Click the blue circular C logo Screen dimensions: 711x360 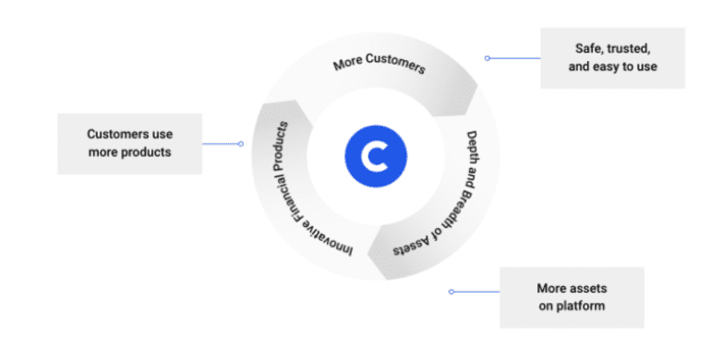pos(376,156)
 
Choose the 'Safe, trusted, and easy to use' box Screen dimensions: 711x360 pos(612,57)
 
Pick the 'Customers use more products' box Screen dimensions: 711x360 pos(129,143)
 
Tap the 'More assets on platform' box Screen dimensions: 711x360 pos(572,297)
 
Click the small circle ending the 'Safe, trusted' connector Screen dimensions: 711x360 pos(488,58)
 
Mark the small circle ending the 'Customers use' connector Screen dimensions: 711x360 pos(241,144)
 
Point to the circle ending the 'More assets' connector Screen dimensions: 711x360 pos(452,292)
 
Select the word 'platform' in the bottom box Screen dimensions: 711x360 pos(581,306)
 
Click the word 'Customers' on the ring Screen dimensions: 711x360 pos(396,65)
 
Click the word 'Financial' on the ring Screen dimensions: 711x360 pos(280,185)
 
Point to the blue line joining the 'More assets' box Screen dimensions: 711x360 pos(476,292)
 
